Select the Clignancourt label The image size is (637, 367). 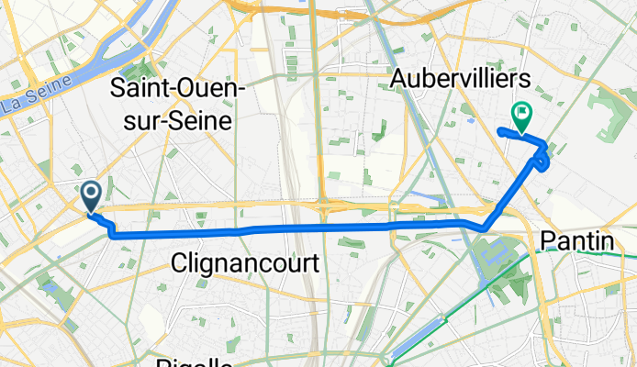pyautogui.click(x=245, y=264)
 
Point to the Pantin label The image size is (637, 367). pyautogui.click(x=576, y=241)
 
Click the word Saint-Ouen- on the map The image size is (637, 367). pyautogui.click(x=176, y=89)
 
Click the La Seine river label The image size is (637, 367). pyautogui.click(x=26, y=104)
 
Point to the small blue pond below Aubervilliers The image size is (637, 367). pyautogui.click(x=471, y=119)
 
